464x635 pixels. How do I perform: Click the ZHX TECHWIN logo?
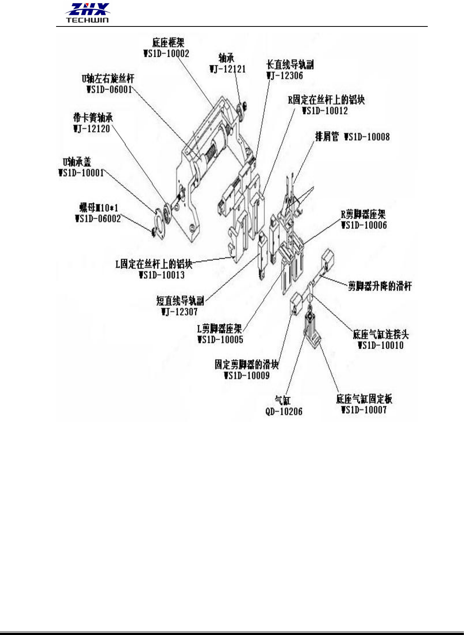[x=87, y=13]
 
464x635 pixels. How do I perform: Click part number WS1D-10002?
[x=166, y=54]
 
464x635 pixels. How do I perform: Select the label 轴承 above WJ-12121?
[x=226, y=58]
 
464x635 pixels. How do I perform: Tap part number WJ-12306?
[x=285, y=76]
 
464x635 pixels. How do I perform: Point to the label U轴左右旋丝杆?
[x=108, y=79]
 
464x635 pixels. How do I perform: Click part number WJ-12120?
[x=92, y=129]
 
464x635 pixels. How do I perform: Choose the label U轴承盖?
[x=77, y=162]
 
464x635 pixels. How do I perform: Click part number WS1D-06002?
[x=98, y=219]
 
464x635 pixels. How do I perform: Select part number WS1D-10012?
[x=325, y=111]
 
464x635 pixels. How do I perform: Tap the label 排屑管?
[x=326, y=137]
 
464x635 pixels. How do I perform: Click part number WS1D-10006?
[x=364, y=225]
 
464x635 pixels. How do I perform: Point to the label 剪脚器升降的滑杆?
[x=379, y=286]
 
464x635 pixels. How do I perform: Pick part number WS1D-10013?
[x=162, y=275]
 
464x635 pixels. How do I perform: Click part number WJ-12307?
[x=179, y=312]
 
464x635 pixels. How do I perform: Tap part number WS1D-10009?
[x=247, y=375]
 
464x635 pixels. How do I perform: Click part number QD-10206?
[x=284, y=411]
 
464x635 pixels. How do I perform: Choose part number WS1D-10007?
[x=364, y=410]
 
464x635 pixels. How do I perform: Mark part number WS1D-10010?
[x=381, y=345]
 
